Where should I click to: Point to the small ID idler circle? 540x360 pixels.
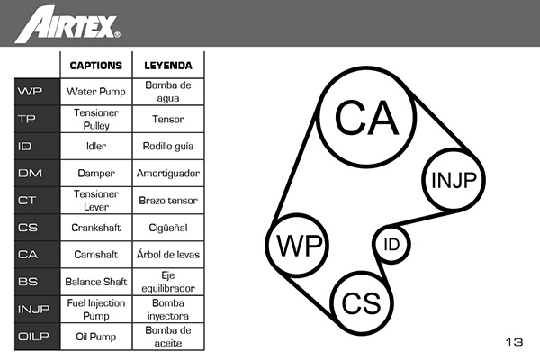(x=391, y=244)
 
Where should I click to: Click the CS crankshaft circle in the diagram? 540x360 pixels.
(x=361, y=302)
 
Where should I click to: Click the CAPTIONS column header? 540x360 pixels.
(x=95, y=66)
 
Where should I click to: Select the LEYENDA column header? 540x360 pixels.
(x=168, y=66)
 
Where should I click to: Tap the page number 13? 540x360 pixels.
(x=514, y=342)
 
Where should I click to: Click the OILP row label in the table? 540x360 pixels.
(x=32, y=336)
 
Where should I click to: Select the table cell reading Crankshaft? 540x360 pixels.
(x=95, y=228)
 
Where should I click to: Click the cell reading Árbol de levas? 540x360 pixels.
(x=168, y=255)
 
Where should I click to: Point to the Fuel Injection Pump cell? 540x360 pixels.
(x=95, y=309)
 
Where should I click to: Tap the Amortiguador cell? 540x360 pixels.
(x=168, y=173)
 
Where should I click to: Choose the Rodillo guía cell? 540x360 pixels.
(x=168, y=146)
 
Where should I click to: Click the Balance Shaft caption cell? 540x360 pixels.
(x=95, y=282)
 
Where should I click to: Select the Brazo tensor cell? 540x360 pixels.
(x=168, y=200)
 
